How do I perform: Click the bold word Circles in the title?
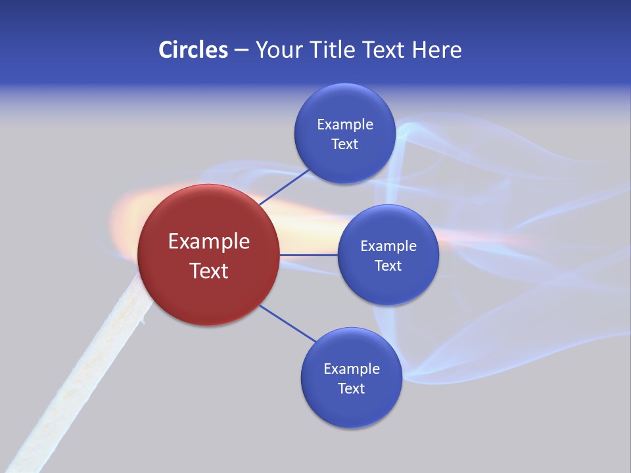[x=193, y=50]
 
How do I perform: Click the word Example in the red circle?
[x=209, y=242]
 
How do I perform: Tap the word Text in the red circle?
[x=209, y=271]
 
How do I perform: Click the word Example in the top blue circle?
[x=345, y=125]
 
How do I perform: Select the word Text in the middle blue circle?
[x=388, y=265]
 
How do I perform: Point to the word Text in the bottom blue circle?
[x=351, y=388]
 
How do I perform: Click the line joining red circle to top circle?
[x=284, y=187]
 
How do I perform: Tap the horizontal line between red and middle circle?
[x=308, y=255]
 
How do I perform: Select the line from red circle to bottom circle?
[x=288, y=323]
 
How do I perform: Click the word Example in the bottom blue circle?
[x=352, y=369]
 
